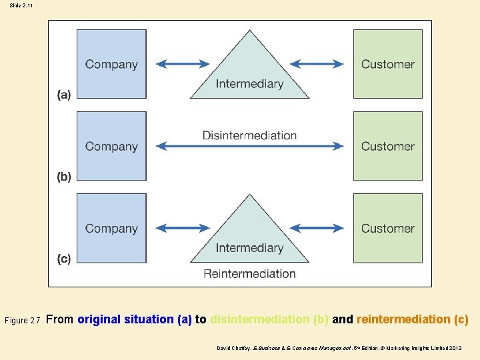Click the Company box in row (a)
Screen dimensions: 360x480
pos(111,64)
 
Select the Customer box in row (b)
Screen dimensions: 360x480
pos(387,146)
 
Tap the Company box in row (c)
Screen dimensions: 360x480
pos(111,228)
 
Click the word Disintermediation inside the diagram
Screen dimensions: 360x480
pos(249,135)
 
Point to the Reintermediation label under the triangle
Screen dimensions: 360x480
pos(249,273)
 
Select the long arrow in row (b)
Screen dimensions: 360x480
pos(249,147)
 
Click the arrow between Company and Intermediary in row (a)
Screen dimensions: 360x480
pos(183,64)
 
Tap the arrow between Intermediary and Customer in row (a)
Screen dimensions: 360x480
pos(317,64)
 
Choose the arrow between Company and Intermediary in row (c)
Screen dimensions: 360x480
pos(183,228)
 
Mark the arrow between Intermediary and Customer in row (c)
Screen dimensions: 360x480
pos(317,228)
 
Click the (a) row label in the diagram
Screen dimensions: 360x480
pos(63,95)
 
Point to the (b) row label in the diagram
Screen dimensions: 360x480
pos(63,177)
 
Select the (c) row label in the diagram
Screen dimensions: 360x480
pos(63,259)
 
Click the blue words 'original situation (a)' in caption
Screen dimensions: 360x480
pos(134,319)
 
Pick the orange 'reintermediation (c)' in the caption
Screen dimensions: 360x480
pos(412,319)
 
